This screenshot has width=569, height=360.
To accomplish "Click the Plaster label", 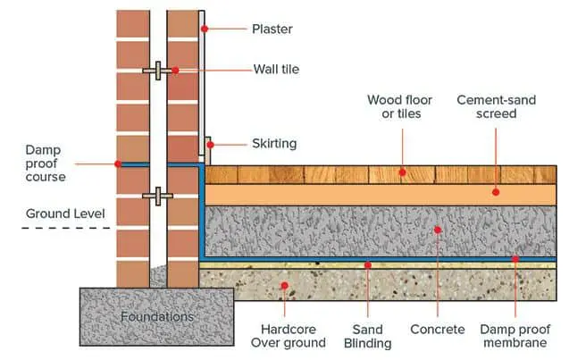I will click(273, 29).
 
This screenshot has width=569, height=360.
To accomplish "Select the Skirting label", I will click(273, 143).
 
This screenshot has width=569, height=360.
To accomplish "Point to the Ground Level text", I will click(65, 214).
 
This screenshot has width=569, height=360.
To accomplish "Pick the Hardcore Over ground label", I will click(285, 335).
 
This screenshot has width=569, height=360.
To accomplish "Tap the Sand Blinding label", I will click(367, 335).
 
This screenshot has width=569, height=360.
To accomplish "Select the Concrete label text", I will click(438, 330).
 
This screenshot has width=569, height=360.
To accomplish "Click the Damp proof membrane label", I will click(515, 335).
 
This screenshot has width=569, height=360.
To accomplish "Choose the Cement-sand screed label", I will click(496, 108).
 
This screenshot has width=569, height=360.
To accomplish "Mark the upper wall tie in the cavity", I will click(156, 70).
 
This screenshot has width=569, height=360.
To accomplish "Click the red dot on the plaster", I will click(205, 29).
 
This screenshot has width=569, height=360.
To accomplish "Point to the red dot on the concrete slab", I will click(438, 230).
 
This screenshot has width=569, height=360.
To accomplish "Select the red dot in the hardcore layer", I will click(285, 286).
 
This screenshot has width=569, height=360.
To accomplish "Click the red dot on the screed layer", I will click(496, 191).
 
